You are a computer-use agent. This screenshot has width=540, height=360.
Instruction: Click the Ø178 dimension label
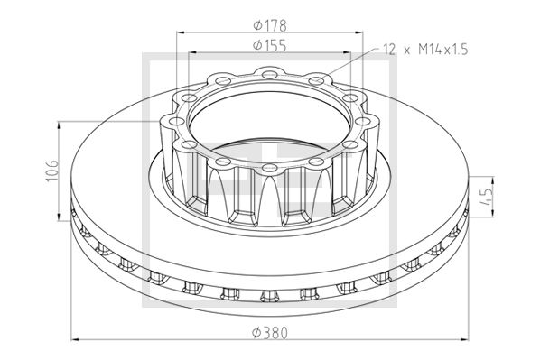tap(270, 25)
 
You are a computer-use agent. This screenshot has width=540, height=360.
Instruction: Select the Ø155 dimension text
tap(270, 45)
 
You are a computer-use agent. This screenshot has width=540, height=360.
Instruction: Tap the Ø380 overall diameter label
tap(270, 333)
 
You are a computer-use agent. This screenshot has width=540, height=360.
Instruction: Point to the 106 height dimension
tap(52, 171)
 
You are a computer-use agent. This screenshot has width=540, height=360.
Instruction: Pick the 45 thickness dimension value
tap(487, 197)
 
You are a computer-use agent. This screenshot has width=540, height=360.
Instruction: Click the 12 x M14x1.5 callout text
tap(426, 50)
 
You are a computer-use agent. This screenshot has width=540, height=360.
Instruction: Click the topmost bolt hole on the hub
tap(269, 74)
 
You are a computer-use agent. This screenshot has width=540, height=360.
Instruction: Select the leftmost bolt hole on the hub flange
tap(177, 121)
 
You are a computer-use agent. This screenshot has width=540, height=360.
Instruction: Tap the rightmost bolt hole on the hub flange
tap(362, 121)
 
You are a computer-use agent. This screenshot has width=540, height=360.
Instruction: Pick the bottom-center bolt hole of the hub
tap(269, 168)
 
